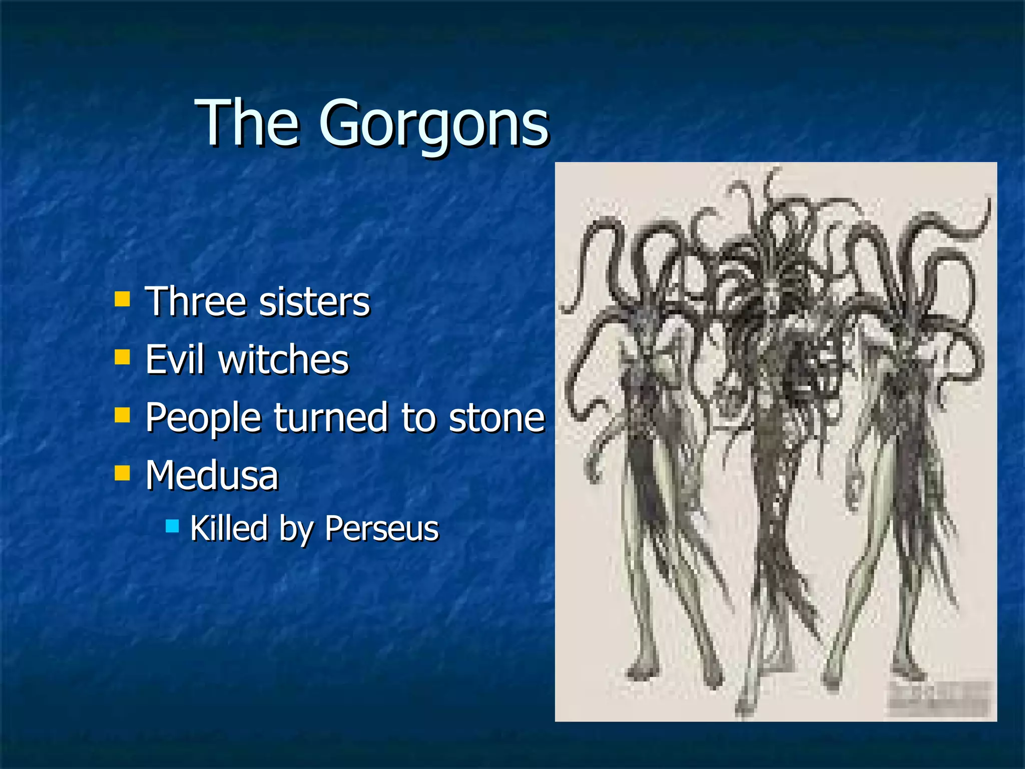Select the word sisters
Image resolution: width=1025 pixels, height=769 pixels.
tap(315, 302)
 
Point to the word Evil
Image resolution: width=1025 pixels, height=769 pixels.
tap(175, 359)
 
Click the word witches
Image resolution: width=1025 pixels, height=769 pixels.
tap(283, 359)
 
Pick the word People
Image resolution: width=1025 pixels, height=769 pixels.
tap(203, 418)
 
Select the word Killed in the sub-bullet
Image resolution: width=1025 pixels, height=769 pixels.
tap(229, 528)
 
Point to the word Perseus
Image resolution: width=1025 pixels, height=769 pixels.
tap(382, 528)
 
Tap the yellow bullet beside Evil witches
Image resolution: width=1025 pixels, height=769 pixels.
tap(122, 357)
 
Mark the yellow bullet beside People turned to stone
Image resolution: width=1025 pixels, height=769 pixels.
tap(122, 415)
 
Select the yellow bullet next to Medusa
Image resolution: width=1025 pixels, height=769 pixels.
tap(122, 473)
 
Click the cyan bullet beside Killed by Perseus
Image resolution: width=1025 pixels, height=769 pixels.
tap(172, 526)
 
